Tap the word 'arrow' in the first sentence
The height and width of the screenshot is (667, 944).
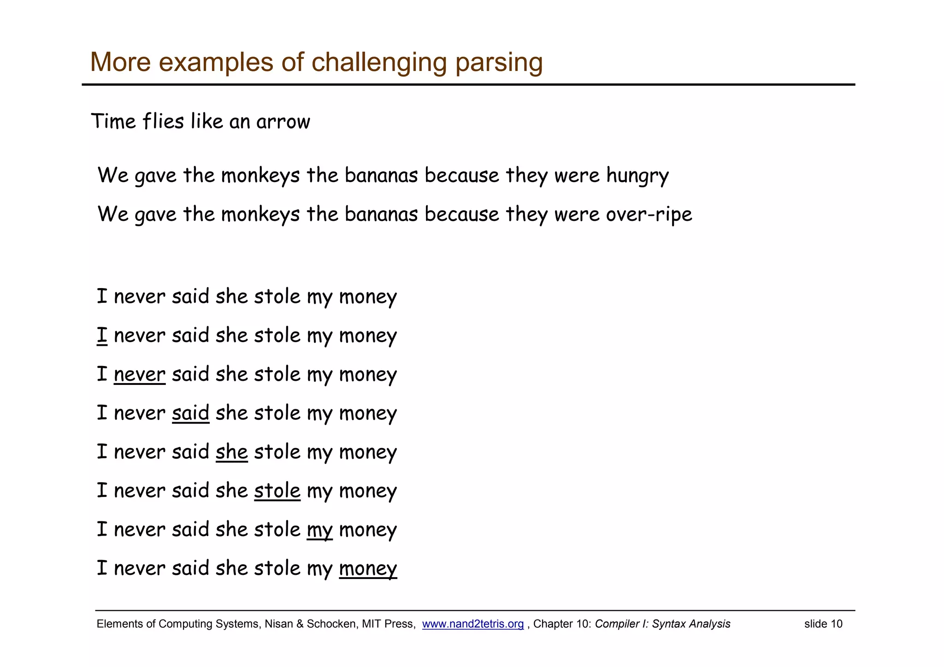283,122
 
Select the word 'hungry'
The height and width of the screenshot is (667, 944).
637,176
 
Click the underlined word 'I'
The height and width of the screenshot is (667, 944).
102,335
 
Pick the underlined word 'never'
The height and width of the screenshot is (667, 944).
139,374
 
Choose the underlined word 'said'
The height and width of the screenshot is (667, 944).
190,413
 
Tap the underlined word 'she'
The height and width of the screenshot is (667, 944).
231,452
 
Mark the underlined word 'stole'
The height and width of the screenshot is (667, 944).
277,490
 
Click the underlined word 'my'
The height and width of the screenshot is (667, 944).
319,530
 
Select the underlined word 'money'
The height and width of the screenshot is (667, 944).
368,568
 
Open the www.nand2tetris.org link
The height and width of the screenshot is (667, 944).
473,624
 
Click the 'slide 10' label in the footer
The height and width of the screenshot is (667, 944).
823,624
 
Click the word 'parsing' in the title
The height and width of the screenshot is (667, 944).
499,62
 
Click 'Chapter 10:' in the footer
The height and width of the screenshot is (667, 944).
562,624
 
